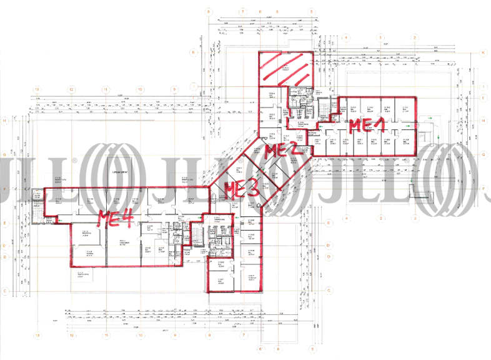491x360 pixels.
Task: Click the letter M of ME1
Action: pos(354,125)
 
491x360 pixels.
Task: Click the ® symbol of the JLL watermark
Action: pos(74,161)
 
